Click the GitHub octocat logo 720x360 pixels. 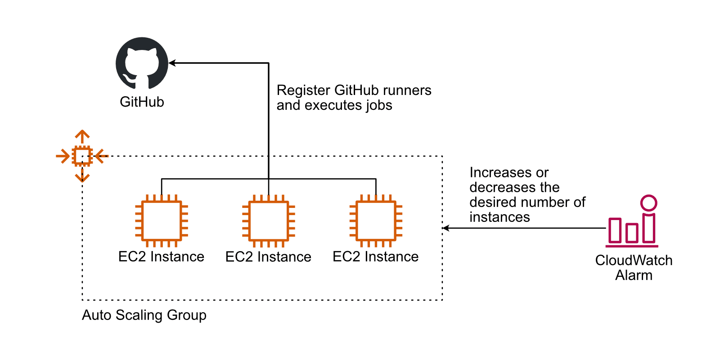point(142,63)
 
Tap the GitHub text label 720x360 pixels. point(142,102)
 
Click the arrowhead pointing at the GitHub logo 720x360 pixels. point(172,63)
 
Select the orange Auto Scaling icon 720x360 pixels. point(82,156)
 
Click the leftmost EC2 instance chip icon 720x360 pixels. point(162,221)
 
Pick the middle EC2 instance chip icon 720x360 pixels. point(269,221)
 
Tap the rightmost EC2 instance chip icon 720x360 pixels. point(376,221)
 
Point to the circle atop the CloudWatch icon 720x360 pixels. point(649,203)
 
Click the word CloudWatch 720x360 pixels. point(634,260)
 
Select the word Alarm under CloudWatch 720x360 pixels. point(634,275)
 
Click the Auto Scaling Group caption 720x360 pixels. point(144,315)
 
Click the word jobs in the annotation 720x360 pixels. point(378,105)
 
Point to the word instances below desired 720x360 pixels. point(499,217)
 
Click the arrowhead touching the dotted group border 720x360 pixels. point(446,228)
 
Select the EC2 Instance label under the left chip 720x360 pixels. point(161,256)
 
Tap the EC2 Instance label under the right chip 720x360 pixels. point(376,256)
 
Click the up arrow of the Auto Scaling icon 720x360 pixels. point(82,135)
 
